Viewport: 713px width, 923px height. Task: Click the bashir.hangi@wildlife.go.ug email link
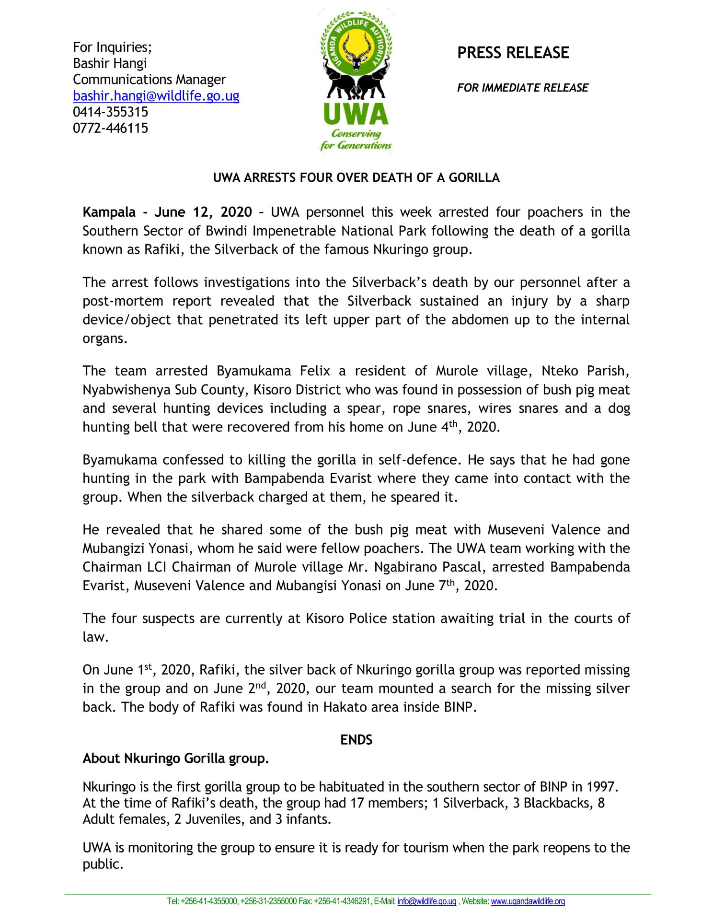[x=156, y=96]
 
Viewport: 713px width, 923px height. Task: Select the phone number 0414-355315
[x=110, y=112]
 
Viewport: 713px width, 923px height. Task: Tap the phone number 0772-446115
[x=110, y=128]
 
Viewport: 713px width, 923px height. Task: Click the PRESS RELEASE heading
[x=513, y=53]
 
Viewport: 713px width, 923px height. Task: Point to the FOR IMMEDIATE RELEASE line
[x=522, y=88]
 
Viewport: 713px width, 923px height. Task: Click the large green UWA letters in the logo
[x=356, y=114]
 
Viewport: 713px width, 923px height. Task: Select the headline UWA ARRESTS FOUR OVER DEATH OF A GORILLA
[x=356, y=178]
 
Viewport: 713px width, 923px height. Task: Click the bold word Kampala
[x=109, y=212]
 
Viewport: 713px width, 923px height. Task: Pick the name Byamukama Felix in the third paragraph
[x=273, y=371]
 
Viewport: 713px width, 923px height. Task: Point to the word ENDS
[x=356, y=740]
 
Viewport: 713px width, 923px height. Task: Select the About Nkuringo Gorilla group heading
[x=175, y=759]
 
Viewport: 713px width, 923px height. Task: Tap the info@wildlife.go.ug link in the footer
[x=426, y=901]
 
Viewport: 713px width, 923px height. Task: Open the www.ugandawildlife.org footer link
[x=528, y=901]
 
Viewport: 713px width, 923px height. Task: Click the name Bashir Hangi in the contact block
[x=110, y=63]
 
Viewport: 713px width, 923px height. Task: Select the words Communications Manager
[x=149, y=80]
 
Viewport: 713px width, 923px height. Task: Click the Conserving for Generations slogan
[x=356, y=140]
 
